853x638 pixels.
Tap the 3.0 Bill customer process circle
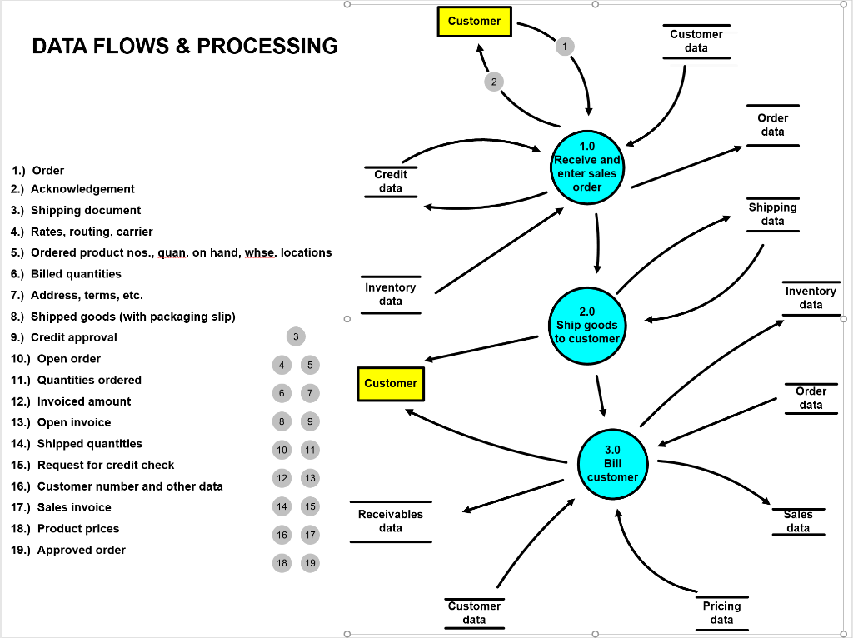tap(612, 464)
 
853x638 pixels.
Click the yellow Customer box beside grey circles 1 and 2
tap(474, 22)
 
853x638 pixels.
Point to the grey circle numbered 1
tap(565, 46)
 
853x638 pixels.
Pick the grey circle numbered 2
tap(494, 81)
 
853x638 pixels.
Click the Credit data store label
tap(391, 182)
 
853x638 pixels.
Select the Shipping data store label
tap(772, 214)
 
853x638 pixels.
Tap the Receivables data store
tap(391, 521)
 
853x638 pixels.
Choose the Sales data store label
tap(798, 521)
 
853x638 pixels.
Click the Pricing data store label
tap(721, 612)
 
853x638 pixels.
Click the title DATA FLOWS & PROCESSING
tap(185, 46)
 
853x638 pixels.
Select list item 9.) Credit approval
tap(65, 337)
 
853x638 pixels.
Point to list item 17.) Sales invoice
tap(62, 507)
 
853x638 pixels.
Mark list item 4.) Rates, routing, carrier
tap(82, 232)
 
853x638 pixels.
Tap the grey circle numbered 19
tap(310, 563)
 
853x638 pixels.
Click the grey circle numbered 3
tap(295, 336)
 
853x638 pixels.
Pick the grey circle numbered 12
tap(282, 478)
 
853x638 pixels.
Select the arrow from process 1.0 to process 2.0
tap(597, 242)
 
